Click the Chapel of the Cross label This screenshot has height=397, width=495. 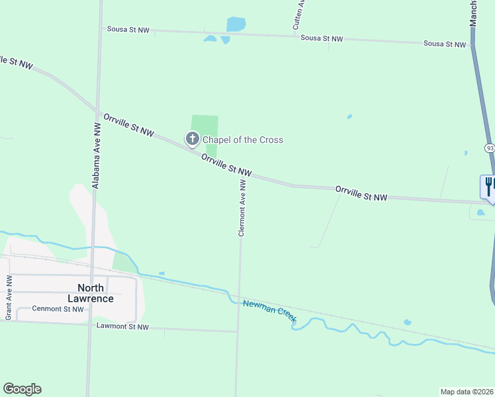(242, 140)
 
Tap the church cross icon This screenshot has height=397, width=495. (193, 139)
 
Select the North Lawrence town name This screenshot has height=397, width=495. (95, 292)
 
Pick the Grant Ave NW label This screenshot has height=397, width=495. (9, 298)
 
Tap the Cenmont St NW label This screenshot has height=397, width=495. (59, 309)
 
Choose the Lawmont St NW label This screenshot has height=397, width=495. (122, 327)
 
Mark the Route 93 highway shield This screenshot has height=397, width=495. (489, 148)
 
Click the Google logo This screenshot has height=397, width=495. (22, 389)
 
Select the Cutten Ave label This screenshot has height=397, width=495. (298, 13)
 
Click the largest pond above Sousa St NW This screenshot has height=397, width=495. (236, 24)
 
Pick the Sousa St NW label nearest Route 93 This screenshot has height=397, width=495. (445, 44)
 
